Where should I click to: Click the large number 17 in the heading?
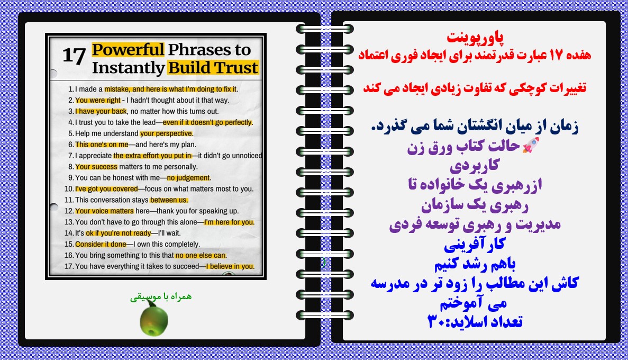click(74, 56)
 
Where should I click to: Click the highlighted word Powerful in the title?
click(128, 50)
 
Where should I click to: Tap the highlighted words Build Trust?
click(213, 67)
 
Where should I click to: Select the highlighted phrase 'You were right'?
click(98, 100)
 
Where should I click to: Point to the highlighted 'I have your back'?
click(101, 112)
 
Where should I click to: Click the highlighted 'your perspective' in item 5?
click(167, 133)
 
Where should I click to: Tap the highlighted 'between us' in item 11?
click(169, 200)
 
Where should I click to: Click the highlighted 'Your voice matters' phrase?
click(105, 211)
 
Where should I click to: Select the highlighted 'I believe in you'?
click(230, 266)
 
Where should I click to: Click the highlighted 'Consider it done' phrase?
click(101, 244)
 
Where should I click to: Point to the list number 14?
click(69, 233)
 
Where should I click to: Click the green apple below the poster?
click(154, 319)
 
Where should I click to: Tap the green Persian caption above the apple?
click(161, 296)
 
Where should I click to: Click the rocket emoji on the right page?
click(531, 145)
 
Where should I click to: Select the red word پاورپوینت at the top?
click(476, 37)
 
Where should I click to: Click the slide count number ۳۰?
click(436, 321)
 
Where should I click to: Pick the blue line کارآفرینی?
click(475, 244)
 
